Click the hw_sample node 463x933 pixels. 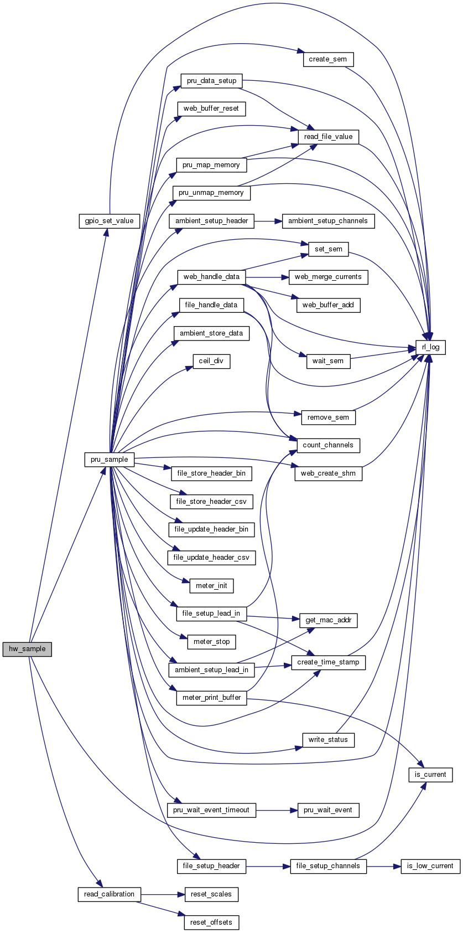coord(27,649)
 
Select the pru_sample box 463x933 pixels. coord(110,460)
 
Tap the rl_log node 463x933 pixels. coord(430,347)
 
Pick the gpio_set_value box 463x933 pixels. coord(109,221)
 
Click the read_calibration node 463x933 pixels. coord(109,894)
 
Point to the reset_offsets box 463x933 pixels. coord(211,922)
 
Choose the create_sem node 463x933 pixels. coord(328,59)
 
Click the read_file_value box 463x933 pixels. coord(328,137)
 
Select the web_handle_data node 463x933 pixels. coord(211,277)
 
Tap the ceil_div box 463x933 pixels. coord(211,361)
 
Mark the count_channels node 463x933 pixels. coord(328,445)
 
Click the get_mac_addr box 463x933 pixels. coord(328,620)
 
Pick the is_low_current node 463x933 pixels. coord(430,866)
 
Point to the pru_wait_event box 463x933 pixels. coord(328,810)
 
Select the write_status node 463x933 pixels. coord(328,740)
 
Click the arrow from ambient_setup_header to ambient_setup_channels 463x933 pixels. coord(268,221)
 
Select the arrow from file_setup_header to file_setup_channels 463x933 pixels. coord(268,866)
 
